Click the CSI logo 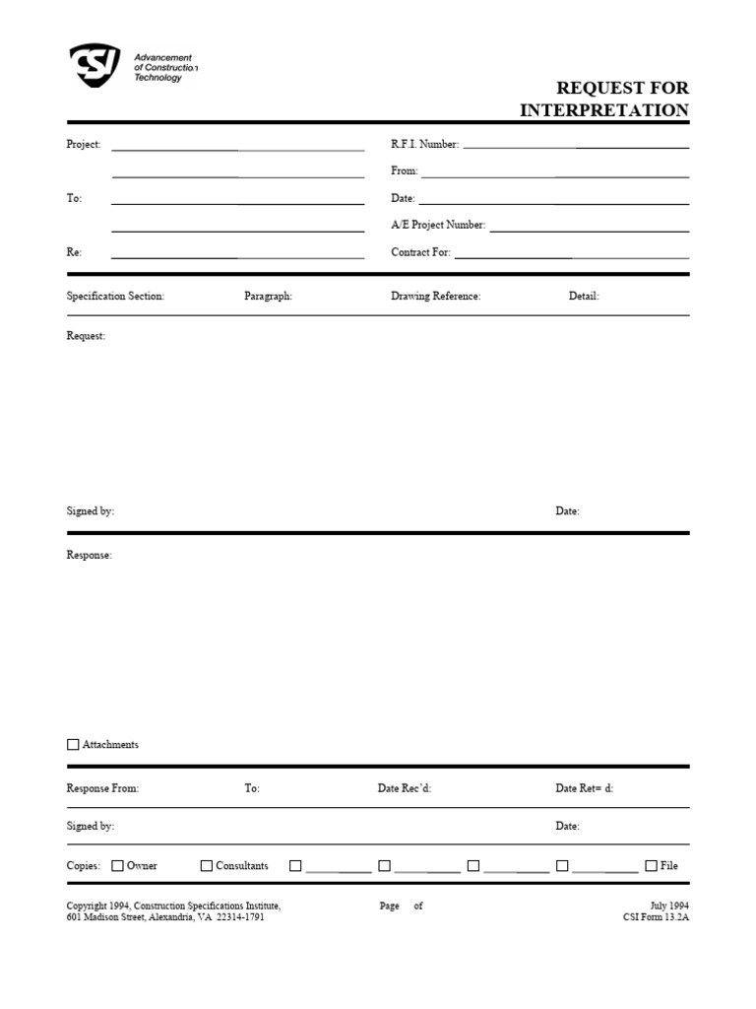[94, 66]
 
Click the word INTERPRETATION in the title [604, 110]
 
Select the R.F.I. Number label [424, 145]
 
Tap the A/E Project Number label [438, 226]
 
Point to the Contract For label [420, 252]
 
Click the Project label [84, 145]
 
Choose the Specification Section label [115, 297]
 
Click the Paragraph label [268, 297]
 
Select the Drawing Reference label [435, 297]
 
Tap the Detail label [584, 297]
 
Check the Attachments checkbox [73, 745]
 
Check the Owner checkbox [117, 866]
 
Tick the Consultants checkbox [207, 866]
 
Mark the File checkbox [651, 866]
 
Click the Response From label [102, 789]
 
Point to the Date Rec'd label [405, 789]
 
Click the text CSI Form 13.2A [657, 917]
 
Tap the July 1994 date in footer [669, 906]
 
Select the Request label [86, 336]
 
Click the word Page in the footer [389, 906]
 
